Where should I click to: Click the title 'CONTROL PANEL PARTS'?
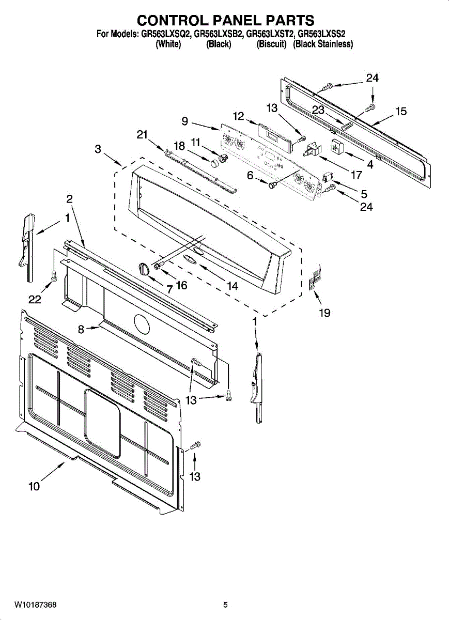225,20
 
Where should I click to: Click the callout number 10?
34,486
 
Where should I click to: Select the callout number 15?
401,111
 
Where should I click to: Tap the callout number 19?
324,313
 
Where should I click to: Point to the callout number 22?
35,300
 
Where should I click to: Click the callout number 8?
82,329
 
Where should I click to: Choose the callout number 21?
143,134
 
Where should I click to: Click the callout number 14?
233,285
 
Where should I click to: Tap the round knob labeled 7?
144,268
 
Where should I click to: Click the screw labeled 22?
54,278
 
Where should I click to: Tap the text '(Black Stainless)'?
323,44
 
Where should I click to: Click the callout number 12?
238,116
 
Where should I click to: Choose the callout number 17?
356,175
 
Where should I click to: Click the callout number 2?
69,198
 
